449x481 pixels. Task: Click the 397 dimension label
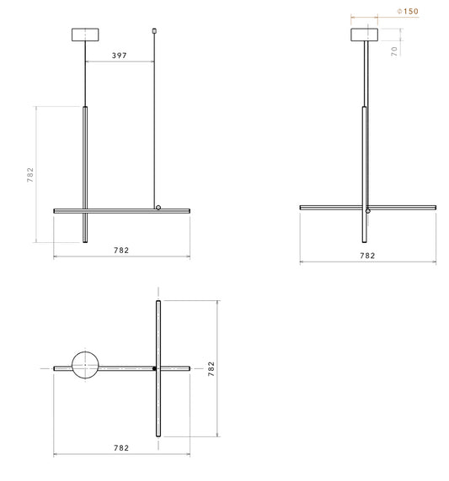tap(120, 55)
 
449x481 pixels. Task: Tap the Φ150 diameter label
tap(408, 11)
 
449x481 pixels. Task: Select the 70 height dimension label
tap(394, 51)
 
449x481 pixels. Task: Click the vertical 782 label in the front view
tap(30, 175)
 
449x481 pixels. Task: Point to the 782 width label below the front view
tap(121, 251)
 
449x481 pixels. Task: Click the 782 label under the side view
tap(367, 256)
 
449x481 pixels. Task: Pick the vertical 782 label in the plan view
tap(211, 368)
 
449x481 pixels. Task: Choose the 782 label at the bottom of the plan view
tap(121, 448)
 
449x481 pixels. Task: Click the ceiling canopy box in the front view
tap(85, 34)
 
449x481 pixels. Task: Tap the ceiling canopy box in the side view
tap(365, 34)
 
